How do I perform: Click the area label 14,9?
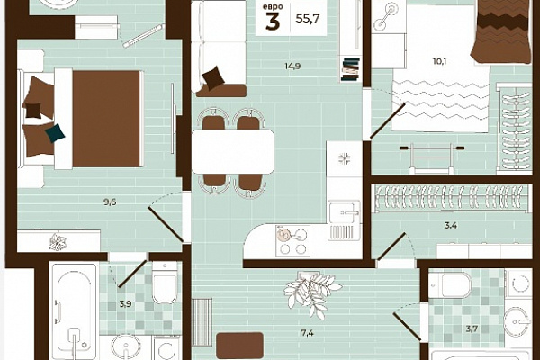(292, 66)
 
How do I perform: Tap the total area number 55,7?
(308, 18)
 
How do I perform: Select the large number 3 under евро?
(273, 22)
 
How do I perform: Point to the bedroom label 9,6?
(110, 202)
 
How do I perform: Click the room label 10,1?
(440, 62)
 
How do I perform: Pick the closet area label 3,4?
(451, 226)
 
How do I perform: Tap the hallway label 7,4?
(307, 333)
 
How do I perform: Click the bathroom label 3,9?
(125, 304)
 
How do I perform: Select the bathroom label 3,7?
(472, 328)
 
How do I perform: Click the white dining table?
(233, 151)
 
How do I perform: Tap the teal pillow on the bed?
(55, 133)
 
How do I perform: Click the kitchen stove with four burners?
(292, 241)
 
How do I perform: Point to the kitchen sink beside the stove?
(344, 213)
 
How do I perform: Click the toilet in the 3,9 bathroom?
(165, 283)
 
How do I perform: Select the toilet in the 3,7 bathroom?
(450, 284)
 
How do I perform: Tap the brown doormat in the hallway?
(240, 346)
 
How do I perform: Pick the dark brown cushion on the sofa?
(213, 78)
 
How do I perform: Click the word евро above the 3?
(273, 7)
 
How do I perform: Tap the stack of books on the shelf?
(351, 69)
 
